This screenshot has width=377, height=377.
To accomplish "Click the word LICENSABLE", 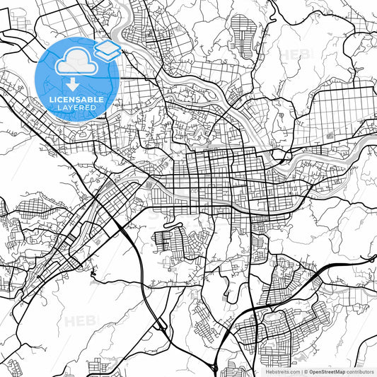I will (x=78, y=100).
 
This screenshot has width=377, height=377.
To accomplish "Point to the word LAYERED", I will (x=78, y=108).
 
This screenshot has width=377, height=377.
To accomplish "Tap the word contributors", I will (x=361, y=371).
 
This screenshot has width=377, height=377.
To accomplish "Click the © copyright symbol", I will (x=306, y=371).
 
